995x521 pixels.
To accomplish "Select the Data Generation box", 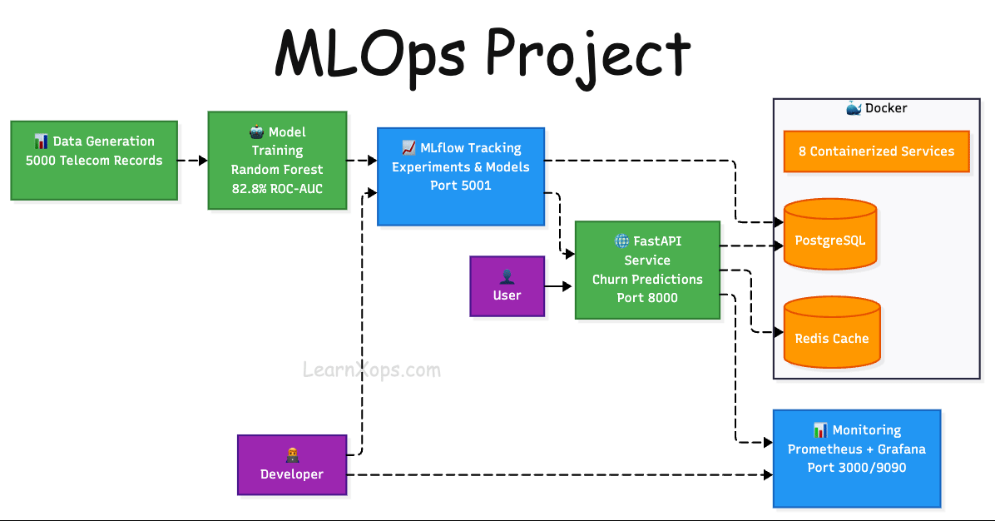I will point(94,160).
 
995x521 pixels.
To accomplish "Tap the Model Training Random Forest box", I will point(277,160).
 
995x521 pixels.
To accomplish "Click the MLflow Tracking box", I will point(461,176).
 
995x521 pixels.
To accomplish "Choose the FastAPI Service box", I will point(647,269).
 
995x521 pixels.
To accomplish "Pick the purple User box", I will point(507,285).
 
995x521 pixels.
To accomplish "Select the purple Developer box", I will point(292,464).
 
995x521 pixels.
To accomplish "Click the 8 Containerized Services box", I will point(876,151).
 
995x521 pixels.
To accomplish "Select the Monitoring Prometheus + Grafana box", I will point(857,458).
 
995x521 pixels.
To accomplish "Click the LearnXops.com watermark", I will point(370,370).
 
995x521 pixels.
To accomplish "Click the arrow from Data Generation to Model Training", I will point(193,161).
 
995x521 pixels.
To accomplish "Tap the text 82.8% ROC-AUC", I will point(277,189).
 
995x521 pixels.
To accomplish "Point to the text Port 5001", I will point(461,185).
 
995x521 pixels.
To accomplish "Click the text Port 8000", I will point(647,297).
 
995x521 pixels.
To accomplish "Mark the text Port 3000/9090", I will point(857,468).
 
